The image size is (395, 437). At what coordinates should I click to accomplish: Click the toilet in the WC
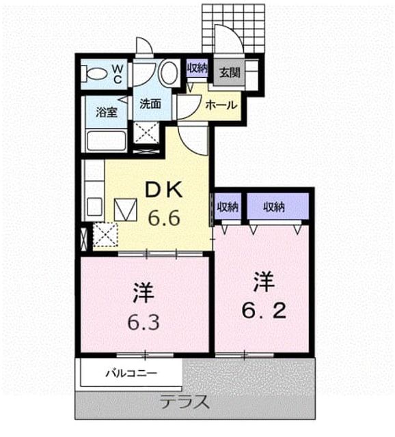(x=94, y=74)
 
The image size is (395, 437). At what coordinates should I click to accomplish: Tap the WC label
(x=118, y=74)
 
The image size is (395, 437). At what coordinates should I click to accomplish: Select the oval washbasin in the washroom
(x=169, y=72)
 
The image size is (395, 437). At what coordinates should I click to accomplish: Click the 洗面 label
(x=150, y=104)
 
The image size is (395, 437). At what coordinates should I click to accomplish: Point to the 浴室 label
(x=107, y=112)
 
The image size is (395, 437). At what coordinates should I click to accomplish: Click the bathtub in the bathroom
(x=106, y=141)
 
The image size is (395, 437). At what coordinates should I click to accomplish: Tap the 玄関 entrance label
(x=230, y=73)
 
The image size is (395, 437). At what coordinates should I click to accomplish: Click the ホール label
(x=221, y=105)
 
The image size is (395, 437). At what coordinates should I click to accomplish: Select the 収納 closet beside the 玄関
(x=197, y=68)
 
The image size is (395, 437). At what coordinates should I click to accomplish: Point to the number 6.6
(x=164, y=218)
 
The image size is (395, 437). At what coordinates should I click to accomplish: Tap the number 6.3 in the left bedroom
(x=144, y=322)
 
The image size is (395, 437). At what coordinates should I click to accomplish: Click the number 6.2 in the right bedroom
(x=264, y=311)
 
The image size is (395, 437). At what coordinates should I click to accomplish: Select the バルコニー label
(x=131, y=373)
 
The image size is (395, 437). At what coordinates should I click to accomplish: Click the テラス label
(x=185, y=402)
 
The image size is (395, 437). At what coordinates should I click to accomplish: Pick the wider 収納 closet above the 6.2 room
(x=278, y=206)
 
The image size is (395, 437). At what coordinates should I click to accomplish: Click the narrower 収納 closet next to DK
(x=228, y=206)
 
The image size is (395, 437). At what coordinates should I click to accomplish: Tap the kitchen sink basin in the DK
(x=94, y=206)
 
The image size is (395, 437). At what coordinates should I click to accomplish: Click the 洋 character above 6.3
(x=144, y=293)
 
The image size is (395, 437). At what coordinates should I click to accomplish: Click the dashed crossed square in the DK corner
(x=105, y=235)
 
